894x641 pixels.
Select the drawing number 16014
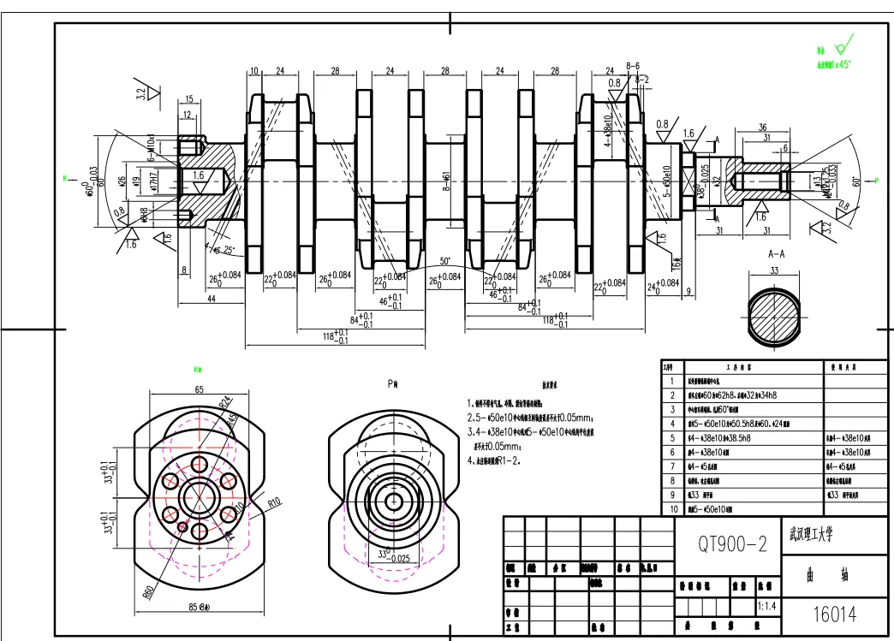[835, 614]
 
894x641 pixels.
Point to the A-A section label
[777, 254]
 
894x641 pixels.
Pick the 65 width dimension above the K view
[199, 389]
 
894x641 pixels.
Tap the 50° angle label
[444, 260]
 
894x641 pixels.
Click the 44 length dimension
[211, 300]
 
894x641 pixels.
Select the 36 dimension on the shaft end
[763, 128]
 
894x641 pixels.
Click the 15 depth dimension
[189, 100]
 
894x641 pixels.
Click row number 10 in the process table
[674, 508]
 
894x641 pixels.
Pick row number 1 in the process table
[673, 382]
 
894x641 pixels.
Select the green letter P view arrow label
[877, 180]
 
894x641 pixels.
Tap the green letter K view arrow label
[64, 178]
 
